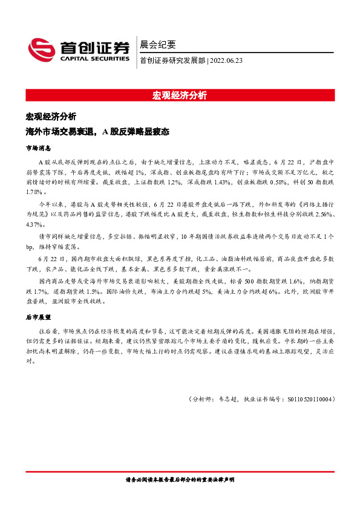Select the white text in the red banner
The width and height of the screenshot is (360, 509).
[180, 95]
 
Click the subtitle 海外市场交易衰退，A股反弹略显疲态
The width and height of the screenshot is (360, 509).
[97, 131]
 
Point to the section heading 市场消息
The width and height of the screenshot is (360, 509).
[38, 148]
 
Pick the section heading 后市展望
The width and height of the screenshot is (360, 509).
[38, 316]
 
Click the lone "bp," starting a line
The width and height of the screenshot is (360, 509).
[30, 245]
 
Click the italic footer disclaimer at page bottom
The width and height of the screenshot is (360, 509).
[180, 479]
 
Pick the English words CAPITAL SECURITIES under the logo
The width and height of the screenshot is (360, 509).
[95, 59]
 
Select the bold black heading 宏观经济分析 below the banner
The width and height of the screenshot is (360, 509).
[51, 117]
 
